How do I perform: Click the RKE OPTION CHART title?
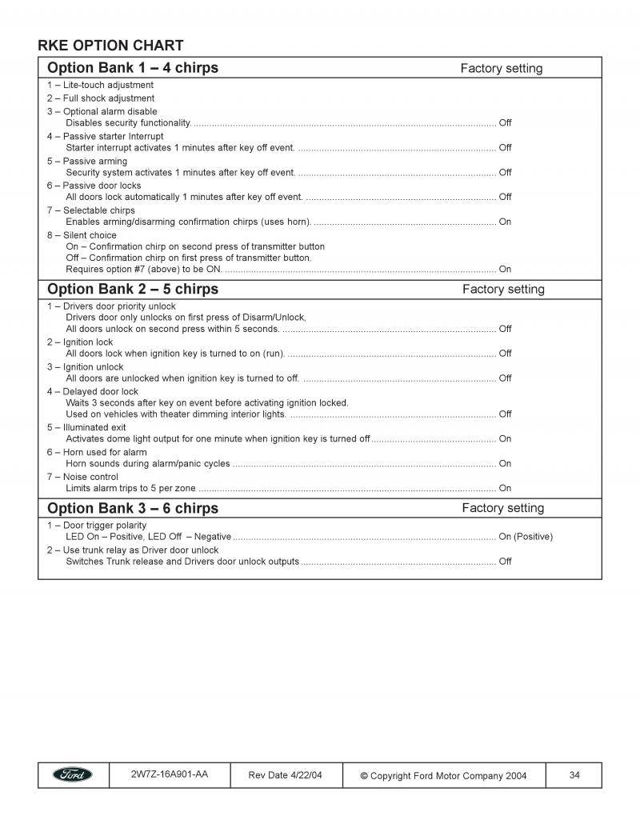tap(110, 46)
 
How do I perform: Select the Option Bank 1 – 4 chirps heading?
tap(133, 67)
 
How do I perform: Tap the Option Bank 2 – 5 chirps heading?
tap(133, 289)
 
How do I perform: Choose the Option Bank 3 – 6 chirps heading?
tap(133, 508)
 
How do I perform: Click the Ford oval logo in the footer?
tap(73, 774)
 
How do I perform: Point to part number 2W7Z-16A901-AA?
tap(169, 774)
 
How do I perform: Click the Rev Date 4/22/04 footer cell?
tap(286, 775)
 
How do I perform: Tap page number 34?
tap(574, 774)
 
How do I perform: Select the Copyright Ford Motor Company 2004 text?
tap(443, 775)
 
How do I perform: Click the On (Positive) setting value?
tap(525, 537)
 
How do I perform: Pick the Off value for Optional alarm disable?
tap(505, 123)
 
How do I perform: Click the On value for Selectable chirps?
tap(505, 222)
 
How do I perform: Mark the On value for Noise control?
tap(505, 488)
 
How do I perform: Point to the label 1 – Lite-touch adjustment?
tap(100, 85)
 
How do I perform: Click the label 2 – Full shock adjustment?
tap(100, 98)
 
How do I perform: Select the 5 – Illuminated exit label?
tap(88, 427)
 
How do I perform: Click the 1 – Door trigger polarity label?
tap(97, 525)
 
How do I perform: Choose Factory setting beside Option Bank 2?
tap(503, 290)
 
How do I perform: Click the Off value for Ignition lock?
tap(505, 354)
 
